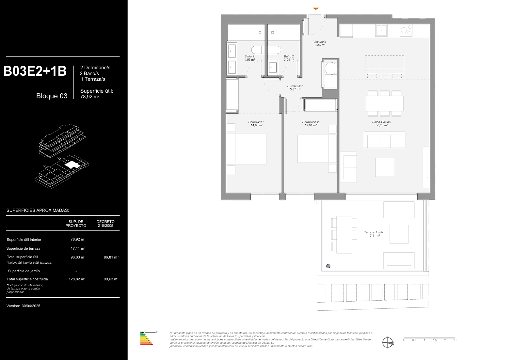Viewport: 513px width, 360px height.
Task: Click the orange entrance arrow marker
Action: pyautogui.click(x=315, y=9)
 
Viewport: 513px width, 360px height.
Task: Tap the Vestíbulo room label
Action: pyautogui.click(x=319, y=42)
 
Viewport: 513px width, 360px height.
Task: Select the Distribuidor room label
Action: pyautogui.click(x=295, y=86)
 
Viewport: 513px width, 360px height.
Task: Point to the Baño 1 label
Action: pyautogui.click(x=249, y=56)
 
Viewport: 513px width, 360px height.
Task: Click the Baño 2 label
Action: pyautogui.click(x=289, y=56)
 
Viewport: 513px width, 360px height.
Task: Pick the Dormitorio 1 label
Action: pyautogui.click(x=256, y=122)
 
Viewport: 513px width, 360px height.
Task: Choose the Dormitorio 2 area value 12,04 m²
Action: pyautogui.click(x=311, y=125)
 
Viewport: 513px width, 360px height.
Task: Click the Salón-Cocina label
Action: pyautogui.click(x=381, y=122)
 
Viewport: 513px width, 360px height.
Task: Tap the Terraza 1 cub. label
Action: pyautogui.click(x=374, y=232)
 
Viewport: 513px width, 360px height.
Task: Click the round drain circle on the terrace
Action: pyautogui.click(x=328, y=266)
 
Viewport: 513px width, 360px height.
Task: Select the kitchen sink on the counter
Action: pyautogui.click(x=381, y=30)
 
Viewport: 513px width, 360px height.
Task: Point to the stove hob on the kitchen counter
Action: pyautogui.click(x=406, y=30)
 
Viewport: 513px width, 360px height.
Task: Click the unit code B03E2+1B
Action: pyautogui.click(x=35, y=71)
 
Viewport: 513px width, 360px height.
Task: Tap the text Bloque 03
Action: pyautogui.click(x=52, y=96)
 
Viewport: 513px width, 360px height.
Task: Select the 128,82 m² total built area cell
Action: pyautogui.click(x=77, y=279)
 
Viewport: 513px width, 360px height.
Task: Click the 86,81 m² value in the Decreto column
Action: pyautogui.click(x=111, y=257)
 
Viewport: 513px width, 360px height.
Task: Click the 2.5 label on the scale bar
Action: pyautogui.click(x=455, y=340)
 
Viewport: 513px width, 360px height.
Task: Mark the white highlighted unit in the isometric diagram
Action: pyautogui.click(x=72, y=164)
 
